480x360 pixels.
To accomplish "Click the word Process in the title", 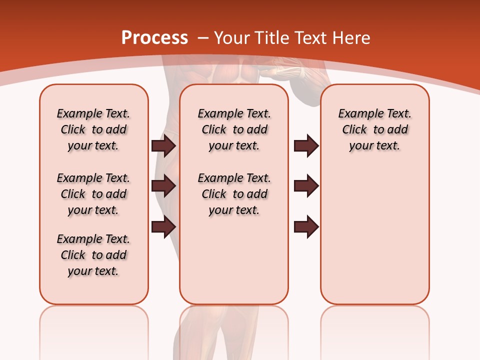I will pyautogui.click(x=154, y=38).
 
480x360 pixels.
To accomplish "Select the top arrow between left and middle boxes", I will pyautogui.click(x=163, y=145).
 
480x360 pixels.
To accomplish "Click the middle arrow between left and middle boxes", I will pyautogui.click(x=163, y=186).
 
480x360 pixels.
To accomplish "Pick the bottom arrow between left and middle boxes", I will pyautogui.click(x=163, y=226).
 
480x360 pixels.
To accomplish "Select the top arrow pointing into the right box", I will pyautogui.click(x=306, y=145).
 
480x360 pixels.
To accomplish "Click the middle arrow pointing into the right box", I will pyautogui.click(x=306, y=186).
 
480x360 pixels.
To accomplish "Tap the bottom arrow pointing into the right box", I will pyautogui.click(x=306, y=226).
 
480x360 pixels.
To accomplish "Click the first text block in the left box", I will pyautogui.click(x=93, y=129).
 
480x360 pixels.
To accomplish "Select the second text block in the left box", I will pyautogui.click(x=93, y=194).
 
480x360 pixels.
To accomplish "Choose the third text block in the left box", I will pyautogui.click(x=93, y=255).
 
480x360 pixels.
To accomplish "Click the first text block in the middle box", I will pyautogui.click(x=234, y=129).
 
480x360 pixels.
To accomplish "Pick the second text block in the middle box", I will pyautogui.click(x=234, y=194).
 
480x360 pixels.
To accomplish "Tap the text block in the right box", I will pyautogui.click(x=374, y=129).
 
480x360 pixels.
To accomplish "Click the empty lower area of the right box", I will pyautogui.click(x=374, y=240).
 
